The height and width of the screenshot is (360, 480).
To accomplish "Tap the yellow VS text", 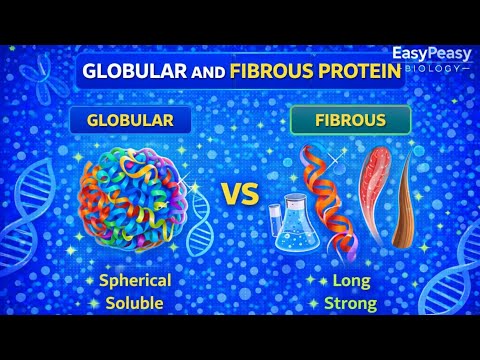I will [x=240, y=194].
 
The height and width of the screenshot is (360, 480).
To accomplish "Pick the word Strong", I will [x=349, y=302].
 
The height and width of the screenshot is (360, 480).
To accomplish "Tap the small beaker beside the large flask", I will [x=279, y=222].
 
